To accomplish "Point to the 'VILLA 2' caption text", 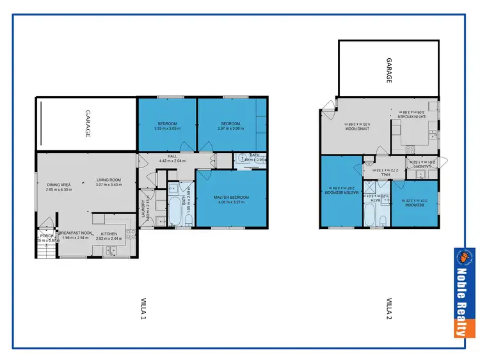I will tap(388, 308).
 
